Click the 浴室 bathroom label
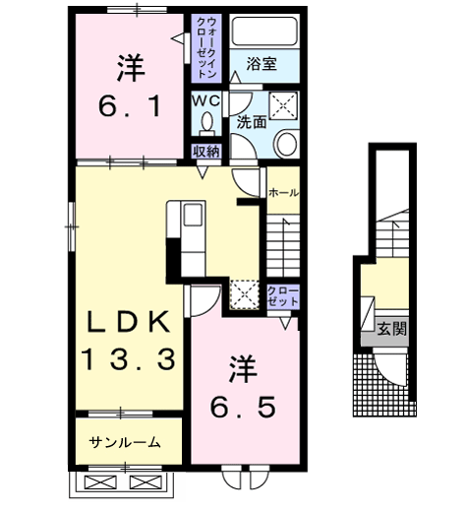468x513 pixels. pyautogui.click(x=261, y=66)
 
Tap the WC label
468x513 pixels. pyautogui.click(x=206, y=101)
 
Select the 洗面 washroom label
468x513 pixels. pyautogui.click(x=250, y=123)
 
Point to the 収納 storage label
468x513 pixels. pyautogui.click(x=205, y=151)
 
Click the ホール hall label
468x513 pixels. pyautogui.click(x=284, y=193)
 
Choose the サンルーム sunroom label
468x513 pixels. pyautogui.click(x=125, y=442)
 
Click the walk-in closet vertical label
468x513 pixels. pyautogui.click(x=206, y=47)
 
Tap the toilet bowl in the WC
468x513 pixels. pyautogui.click(x=206, y=123)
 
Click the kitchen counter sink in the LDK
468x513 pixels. pyautogui.click(x=192, y=216)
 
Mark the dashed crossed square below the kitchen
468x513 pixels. pyautogui.click(x=245, y=293)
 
